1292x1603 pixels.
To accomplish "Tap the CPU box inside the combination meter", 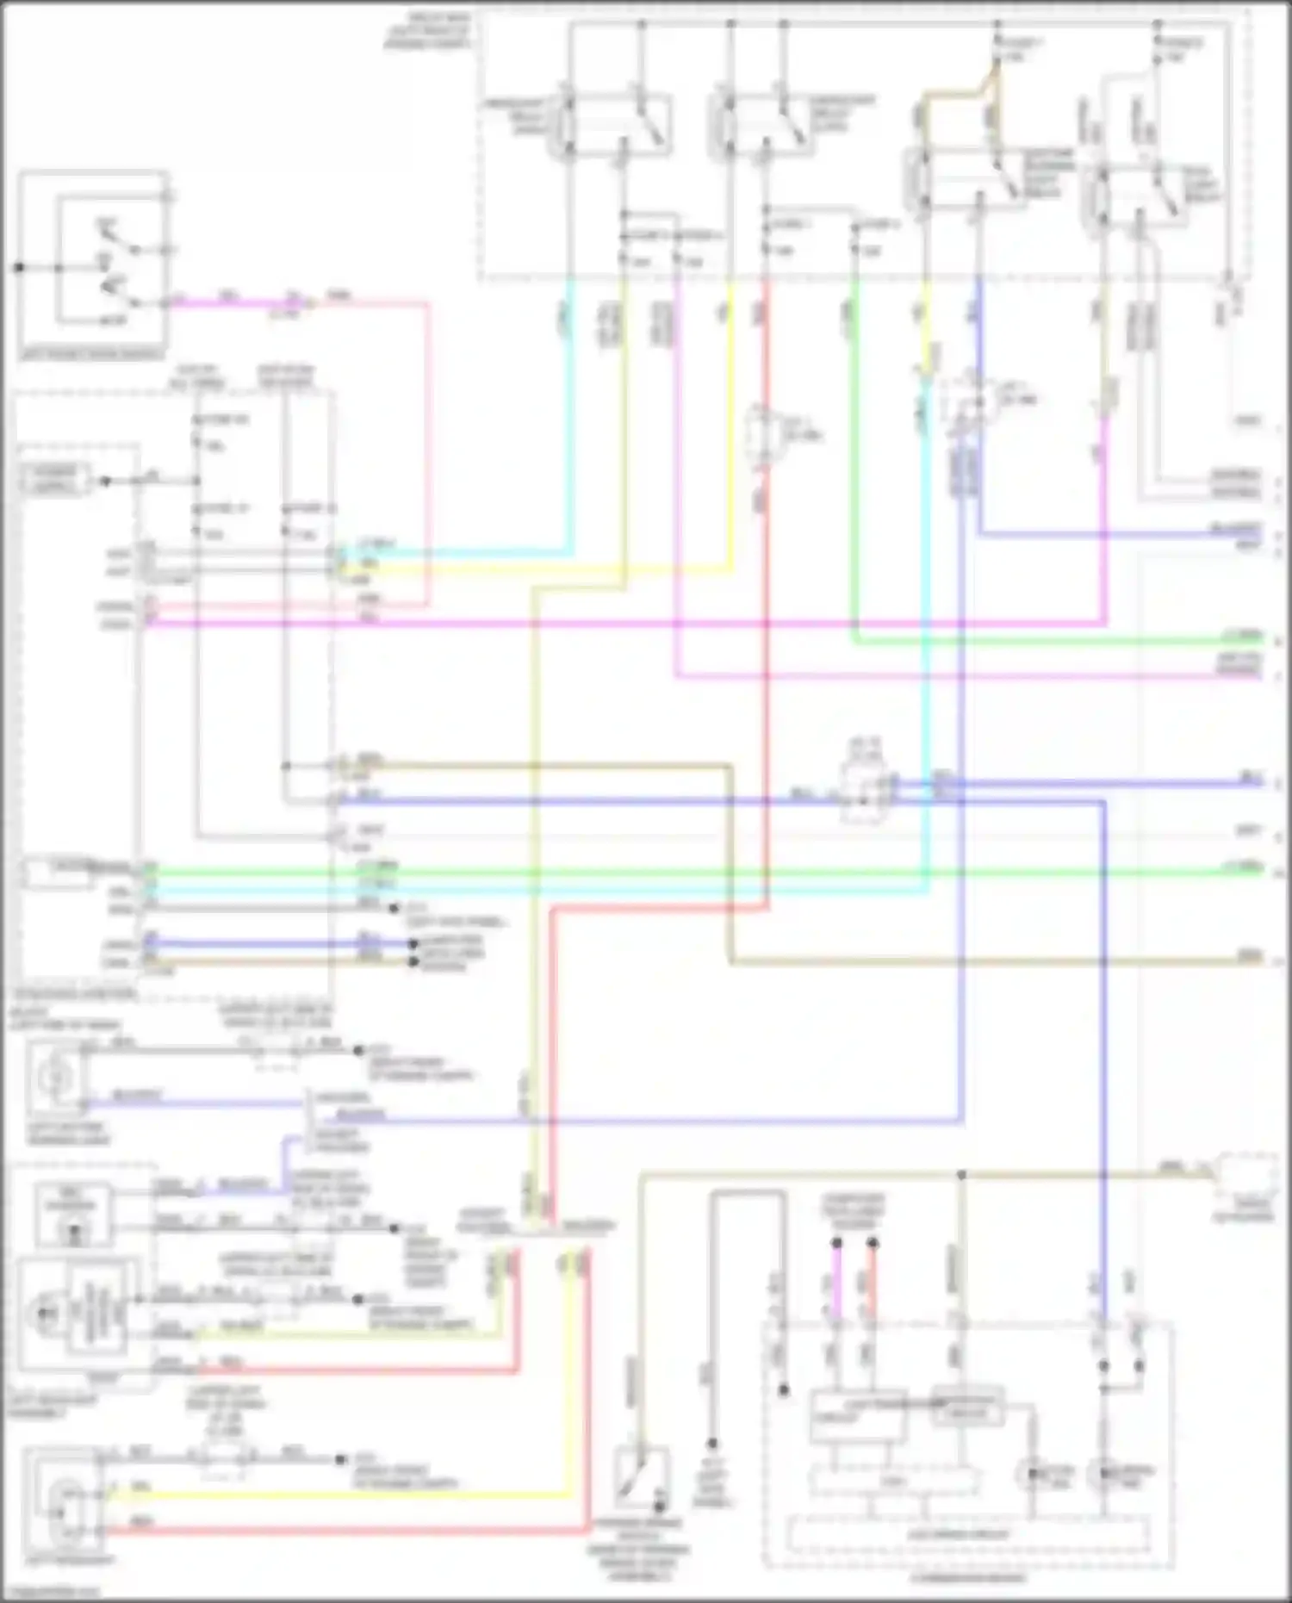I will pyautogui.click(x=894, y=1482).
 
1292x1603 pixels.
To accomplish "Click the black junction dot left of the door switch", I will pyautogui.click(x=19, y=268).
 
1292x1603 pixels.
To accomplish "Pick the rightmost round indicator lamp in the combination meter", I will pyautogui.click(x=1104, y=1476).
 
